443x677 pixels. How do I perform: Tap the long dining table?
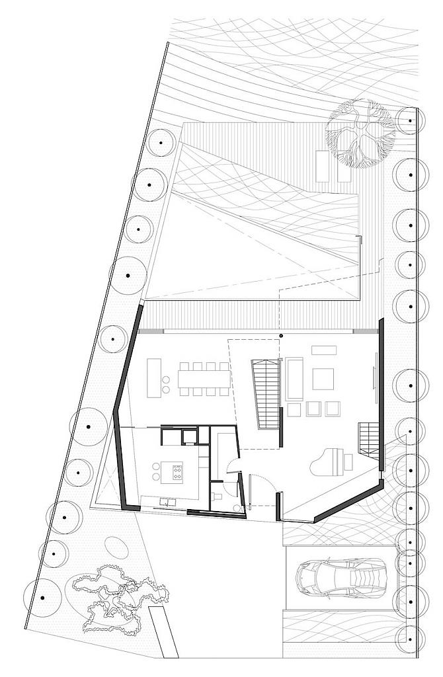[x=202, y=378]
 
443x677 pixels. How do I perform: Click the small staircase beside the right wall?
[x=368, y=436]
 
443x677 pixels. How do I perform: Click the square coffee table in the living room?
[x=323, y=379]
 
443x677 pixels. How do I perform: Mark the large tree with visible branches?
[x=360, y=133]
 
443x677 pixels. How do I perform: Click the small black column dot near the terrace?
[x=281, y=337]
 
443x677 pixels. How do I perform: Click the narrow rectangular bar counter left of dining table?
[x=154, y=378]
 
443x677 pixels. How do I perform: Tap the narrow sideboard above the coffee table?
[x=324, y=349]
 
